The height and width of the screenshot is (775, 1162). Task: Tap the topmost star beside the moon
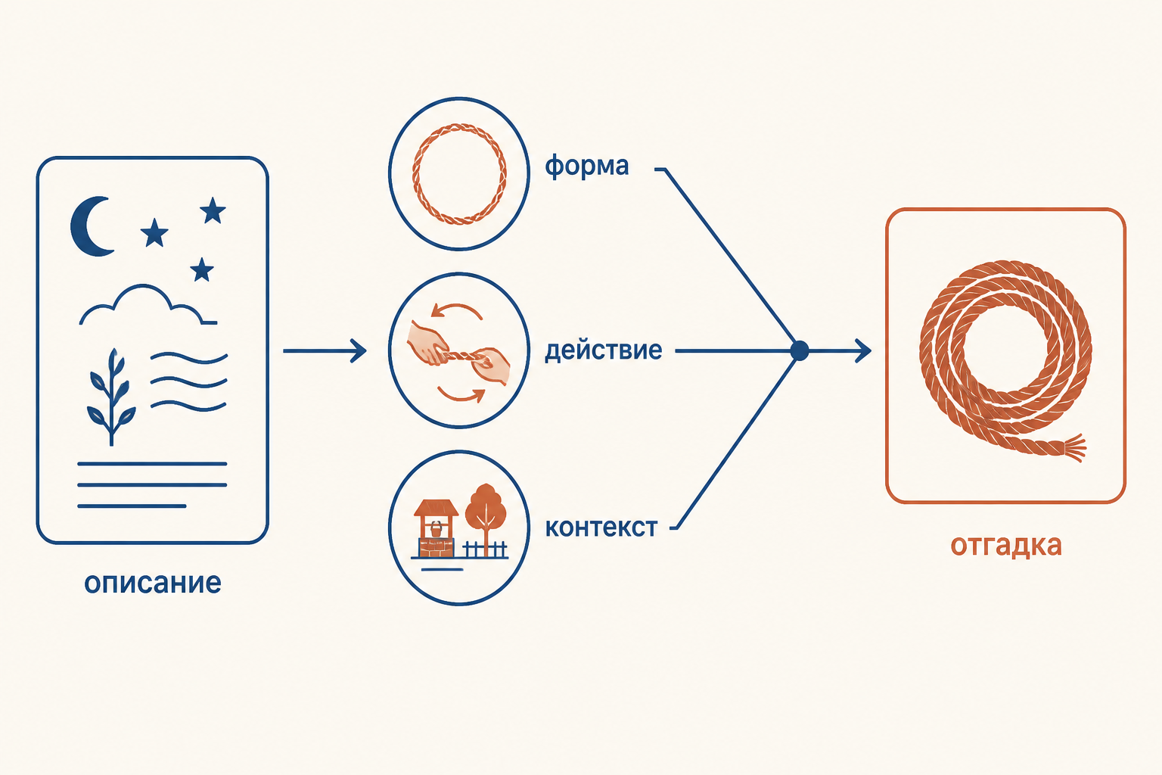213,210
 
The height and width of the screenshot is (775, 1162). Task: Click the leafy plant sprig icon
111,397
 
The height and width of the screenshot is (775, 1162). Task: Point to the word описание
153,584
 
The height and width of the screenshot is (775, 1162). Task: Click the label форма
587,166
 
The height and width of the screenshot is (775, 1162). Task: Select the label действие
603,350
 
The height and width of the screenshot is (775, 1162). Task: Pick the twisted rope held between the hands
461,356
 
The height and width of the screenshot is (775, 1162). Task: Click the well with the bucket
436,528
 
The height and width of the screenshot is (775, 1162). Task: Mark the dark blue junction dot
800,351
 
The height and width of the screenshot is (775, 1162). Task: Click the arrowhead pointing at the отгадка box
863,351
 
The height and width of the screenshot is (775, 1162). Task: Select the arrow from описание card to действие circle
325,351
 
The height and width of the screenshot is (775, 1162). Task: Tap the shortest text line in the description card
132,506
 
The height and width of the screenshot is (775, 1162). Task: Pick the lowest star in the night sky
202,269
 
